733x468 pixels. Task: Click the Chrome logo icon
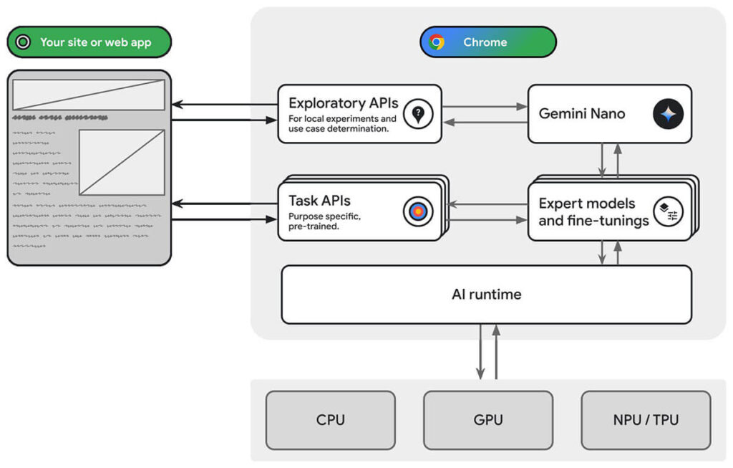click(x=437, y=42)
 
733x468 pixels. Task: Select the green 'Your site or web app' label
click(x=89, y=42)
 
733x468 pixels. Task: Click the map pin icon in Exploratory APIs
click(x=418, y=114)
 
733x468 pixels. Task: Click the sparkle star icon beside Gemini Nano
click(x=668, y=114)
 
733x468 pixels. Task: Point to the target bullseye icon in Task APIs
click(x=418, y=211)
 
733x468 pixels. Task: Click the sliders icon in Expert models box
click(x=668, y=212)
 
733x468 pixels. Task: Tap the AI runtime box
click(x=486, y=295)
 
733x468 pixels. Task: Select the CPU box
click(x=330, y=419)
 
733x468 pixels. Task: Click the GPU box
click(x=487, y=419)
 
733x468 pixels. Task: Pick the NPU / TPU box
click(x=645, y=419)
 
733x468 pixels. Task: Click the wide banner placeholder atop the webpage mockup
click(x=89, y=95)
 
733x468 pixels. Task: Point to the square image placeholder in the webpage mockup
click(x=122, y=162)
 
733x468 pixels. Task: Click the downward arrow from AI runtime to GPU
click(x=480, y=351)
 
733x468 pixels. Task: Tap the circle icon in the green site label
click(x=23, y=42)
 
